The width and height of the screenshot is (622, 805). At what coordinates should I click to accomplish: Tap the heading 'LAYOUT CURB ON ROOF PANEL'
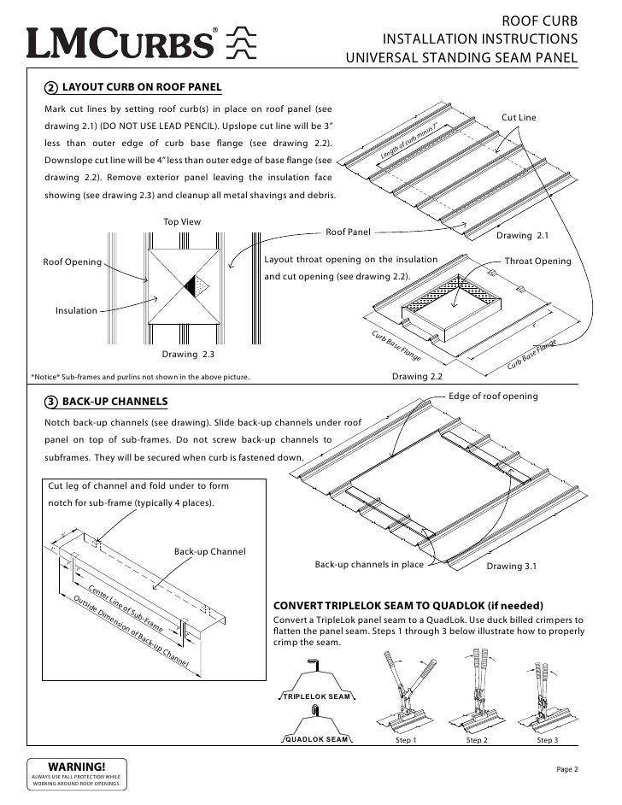(142, 88)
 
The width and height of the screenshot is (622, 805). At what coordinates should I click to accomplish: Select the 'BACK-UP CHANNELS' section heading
(115, 402)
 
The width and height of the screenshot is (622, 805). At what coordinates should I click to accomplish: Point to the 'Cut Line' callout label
(518, 116)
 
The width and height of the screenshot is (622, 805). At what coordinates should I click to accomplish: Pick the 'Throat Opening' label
(537, 261)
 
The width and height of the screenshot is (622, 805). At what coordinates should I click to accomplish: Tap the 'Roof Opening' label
(73, 261)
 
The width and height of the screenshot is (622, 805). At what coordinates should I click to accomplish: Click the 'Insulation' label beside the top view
(76, 310)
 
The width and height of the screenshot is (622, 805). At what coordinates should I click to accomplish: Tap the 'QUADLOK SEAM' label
(315, 738)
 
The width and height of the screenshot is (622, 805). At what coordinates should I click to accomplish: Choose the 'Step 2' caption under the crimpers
(478, 740)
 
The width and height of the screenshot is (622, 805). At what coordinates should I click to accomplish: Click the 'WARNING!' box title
(78, 766)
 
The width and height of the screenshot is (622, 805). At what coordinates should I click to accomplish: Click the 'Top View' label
(182, 222)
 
